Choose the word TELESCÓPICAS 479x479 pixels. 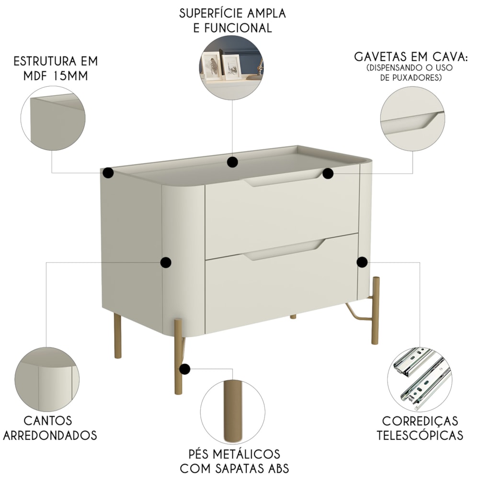[420, 435]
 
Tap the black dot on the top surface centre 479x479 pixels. [232, 162]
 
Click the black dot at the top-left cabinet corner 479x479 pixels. [108, 172]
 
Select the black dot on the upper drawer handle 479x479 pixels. [328, 173]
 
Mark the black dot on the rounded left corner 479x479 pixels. [166, 262]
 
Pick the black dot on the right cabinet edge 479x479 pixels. [362, 262]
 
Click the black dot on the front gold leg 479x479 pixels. [184, 369]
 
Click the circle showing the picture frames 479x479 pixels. [232, 68]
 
